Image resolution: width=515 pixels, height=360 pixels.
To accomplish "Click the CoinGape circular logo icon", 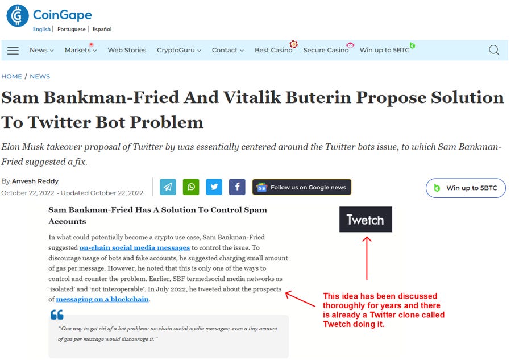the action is tap(18, 15).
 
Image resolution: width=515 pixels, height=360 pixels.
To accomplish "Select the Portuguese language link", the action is tap(71, 29).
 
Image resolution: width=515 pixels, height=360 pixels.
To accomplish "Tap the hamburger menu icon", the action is tap(13, 51).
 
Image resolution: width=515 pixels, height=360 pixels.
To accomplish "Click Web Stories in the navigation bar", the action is tap(127, 50).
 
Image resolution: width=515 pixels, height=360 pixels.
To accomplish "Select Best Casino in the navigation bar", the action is tap(273, 50).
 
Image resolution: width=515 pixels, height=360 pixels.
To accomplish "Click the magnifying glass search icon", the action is tap(494, 50).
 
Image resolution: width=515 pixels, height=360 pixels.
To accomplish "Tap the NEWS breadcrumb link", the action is tap(40, 77).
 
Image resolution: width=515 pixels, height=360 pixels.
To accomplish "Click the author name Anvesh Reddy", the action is tap(35, 181).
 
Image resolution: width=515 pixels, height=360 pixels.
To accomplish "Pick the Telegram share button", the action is tap(168, 187).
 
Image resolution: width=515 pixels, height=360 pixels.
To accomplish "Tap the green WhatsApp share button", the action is tap(191, 187).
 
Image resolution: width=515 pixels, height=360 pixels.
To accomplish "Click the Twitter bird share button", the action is tap(214, 187).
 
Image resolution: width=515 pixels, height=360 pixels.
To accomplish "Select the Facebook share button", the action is tap(237, 187).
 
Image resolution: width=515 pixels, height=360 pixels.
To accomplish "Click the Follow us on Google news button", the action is tap(301, 187).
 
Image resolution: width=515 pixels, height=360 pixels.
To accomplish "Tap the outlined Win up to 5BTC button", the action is tap(466, 188).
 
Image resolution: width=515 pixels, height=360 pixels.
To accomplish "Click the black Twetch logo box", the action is tap(366, 220).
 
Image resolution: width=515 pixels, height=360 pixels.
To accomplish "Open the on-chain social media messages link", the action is tap(135, 247).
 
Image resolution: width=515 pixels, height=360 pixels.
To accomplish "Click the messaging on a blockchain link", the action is tap(102, 299).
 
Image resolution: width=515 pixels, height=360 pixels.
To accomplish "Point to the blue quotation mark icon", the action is tap(57, 315).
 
